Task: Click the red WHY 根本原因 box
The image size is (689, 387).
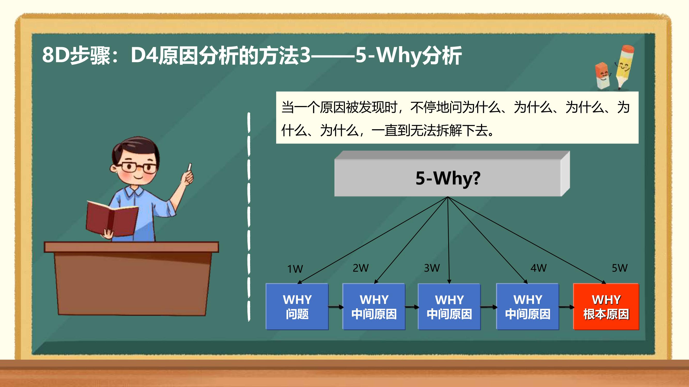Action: [606, 307]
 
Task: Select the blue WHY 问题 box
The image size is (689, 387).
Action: [297, 307]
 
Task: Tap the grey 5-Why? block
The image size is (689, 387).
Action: [452, 174]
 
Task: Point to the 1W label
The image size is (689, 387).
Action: [295, 269]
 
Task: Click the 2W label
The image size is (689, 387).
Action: [361, 268]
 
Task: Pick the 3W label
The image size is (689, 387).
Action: [432, 268]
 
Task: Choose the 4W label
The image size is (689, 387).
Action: [539, 268]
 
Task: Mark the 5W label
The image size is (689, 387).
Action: [620, 268]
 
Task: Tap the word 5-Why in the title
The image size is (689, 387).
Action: [389, 55]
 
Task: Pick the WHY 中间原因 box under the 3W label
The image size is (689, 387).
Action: [449, 307]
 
